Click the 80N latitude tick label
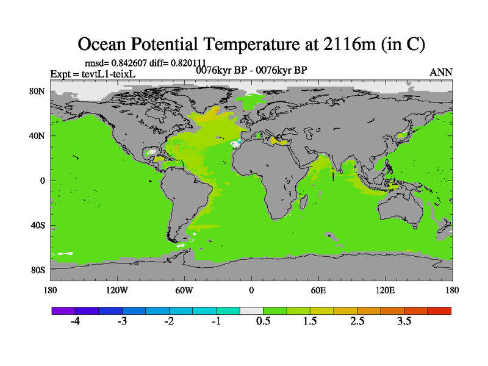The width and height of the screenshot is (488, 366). tap(38, 91)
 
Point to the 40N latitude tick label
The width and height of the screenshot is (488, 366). tap(38, 136)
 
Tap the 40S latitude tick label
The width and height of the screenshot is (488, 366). tap(38, 225)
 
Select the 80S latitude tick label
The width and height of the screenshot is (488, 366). tap(38, 270)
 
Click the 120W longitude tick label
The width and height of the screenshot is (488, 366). tap(117, 290)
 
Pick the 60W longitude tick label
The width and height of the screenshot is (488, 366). tap(184, 290)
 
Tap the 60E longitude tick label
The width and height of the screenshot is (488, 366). tap(318, 290)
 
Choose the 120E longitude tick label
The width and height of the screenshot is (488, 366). tap(386, 290)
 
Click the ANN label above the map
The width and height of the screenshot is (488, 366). tap(441, 73)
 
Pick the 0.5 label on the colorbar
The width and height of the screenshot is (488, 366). tap(264, 322)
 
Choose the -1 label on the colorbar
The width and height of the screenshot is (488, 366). tap(216, 322)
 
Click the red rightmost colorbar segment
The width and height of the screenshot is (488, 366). tap(439, 310)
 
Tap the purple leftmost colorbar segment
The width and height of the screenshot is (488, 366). tap(63, 310)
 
